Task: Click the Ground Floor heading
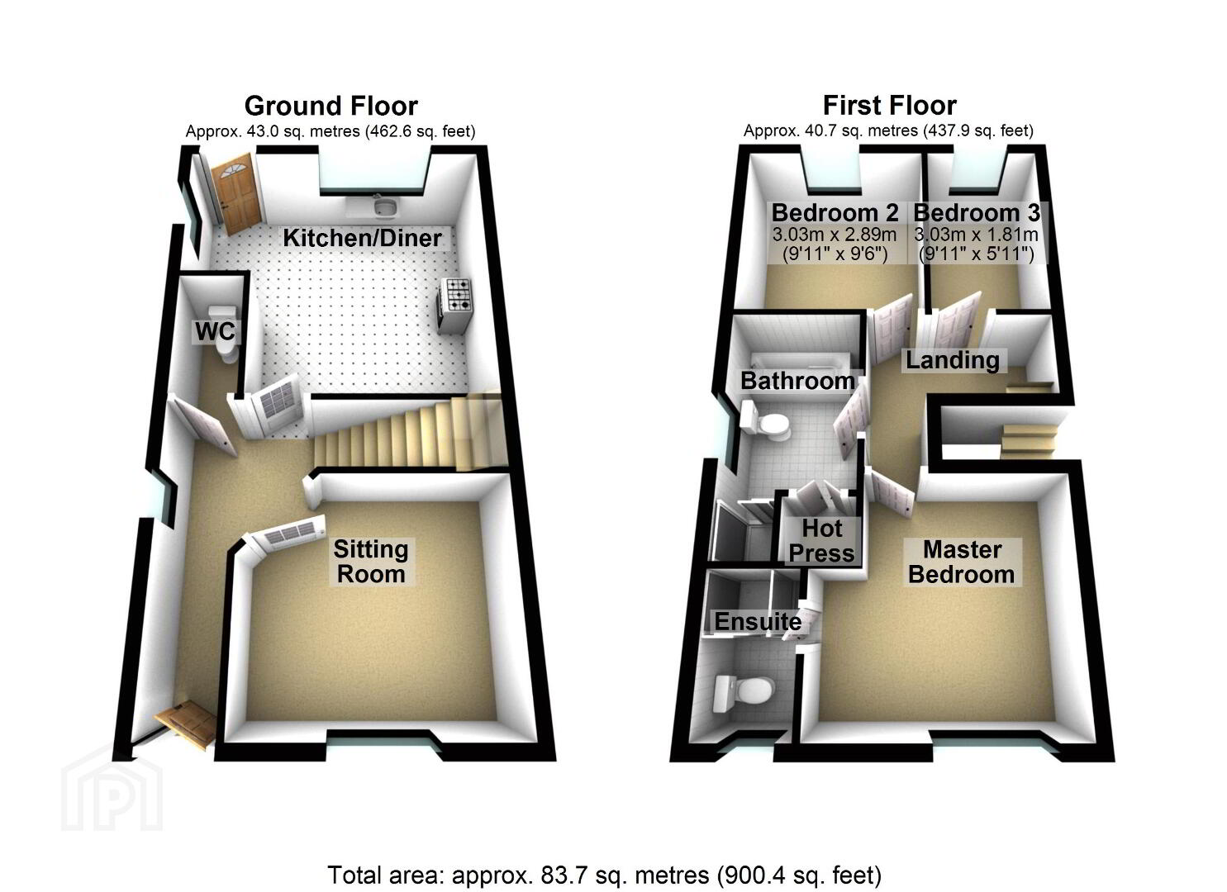(x=331, y=106)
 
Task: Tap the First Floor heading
(x=890, y=105)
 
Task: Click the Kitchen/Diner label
(x=362, y=238)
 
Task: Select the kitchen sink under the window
(x=388, y=206)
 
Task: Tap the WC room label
(x=216, y=331)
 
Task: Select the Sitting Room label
(x=371, y=562)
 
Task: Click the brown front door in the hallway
(x=185, y=724)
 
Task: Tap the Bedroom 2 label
(x=835, y=212)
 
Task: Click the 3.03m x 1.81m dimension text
(x=976, y=235)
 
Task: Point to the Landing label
(x=953, y=360)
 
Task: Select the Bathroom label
(x=797, y=381)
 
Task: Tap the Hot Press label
(x=821, y=541)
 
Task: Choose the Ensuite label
(x=759, y=621)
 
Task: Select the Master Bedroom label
(x=962, y=562)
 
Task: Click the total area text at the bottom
(x=605, y=875)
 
